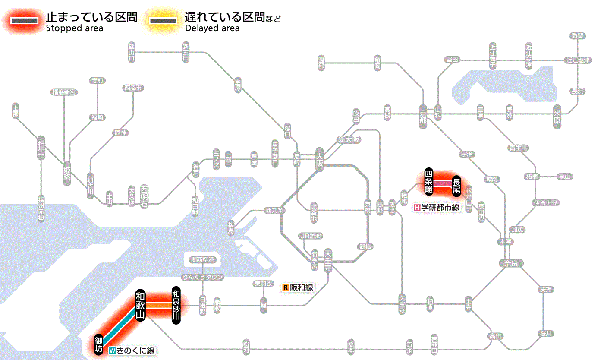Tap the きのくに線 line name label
point(132,351)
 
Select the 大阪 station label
point(319,160)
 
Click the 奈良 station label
point(511,263)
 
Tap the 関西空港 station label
point(202,260)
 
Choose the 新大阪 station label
point(349,140)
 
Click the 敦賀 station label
point(577,36)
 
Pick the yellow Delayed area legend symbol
point(163,20)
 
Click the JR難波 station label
point(311,236)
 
